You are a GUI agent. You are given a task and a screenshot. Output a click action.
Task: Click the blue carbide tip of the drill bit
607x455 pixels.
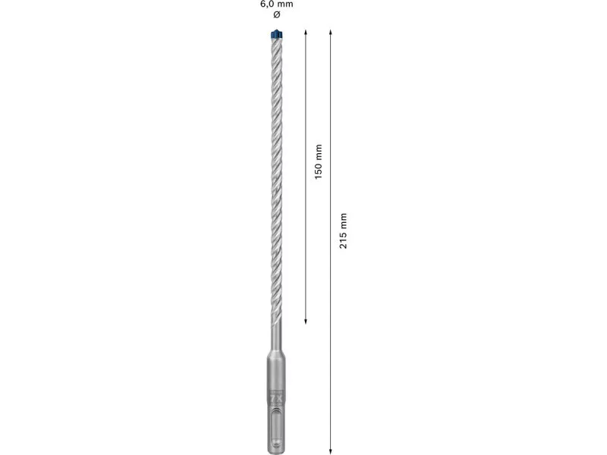click(x=276, y=34)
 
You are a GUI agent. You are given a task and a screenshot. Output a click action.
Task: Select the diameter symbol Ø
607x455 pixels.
click(x=277, y=14)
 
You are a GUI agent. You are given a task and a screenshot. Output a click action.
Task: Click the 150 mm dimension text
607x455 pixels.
click(x=318, y=162)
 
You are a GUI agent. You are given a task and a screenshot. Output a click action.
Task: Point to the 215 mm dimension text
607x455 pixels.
click(x=343, y=231)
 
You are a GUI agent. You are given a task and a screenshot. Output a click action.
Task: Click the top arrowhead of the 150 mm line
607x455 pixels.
click(x=306, y=32)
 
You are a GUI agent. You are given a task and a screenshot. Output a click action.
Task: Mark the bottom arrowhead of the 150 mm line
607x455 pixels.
click(x=306, y=321)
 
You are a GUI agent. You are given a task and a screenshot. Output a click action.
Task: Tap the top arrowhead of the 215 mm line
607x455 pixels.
click(x=330, y=32)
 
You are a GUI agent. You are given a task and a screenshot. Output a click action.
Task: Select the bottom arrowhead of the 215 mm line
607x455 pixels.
click(x=330, y=450)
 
